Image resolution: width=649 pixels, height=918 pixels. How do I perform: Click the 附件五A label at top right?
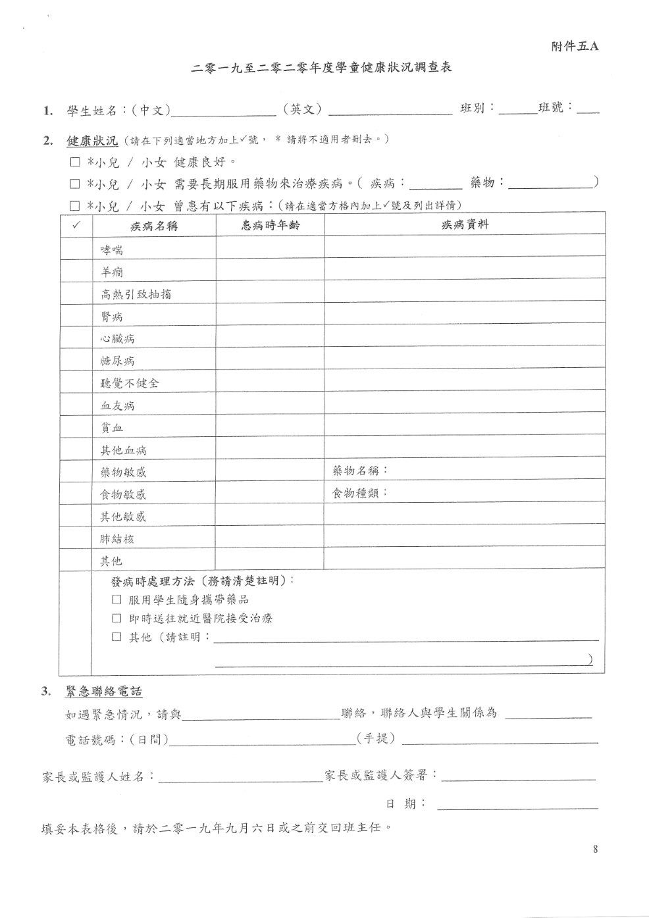(575, 47)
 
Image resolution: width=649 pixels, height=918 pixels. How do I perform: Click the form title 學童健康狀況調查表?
(321, 68)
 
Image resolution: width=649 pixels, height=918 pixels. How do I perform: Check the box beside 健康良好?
(75, 162)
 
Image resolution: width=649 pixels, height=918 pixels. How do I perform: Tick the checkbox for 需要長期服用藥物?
(75, 184)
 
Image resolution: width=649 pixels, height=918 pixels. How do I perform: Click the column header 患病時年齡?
(270, 225)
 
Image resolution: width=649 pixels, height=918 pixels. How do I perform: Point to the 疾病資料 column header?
(465, 225)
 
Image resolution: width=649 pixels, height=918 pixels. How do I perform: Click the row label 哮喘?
(112, 250)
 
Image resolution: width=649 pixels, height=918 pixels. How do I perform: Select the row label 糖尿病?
(117, 361)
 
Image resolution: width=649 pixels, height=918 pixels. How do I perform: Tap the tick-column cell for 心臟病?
(76, 339)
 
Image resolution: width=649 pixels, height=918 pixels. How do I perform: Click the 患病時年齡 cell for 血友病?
(270, 405)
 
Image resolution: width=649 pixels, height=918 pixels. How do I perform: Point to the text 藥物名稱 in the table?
(359, 471)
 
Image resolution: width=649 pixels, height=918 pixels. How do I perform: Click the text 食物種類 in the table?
(359, 493)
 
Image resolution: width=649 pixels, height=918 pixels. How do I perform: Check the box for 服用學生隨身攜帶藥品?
(117, 600)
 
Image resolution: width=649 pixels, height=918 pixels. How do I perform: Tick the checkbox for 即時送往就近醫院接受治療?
(117, 619)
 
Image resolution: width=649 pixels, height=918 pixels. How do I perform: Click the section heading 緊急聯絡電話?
(103, 692)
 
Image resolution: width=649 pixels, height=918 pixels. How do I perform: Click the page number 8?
(595, 850)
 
